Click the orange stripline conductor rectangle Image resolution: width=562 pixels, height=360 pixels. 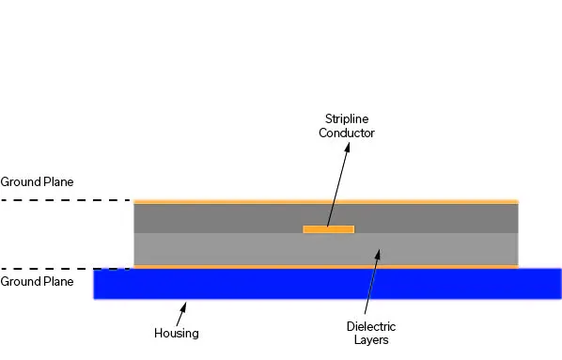point(328,228)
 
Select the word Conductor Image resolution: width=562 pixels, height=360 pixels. point(347,133)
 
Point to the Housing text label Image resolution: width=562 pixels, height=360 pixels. point(176,333)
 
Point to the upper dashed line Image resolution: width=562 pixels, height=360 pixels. point(66,200)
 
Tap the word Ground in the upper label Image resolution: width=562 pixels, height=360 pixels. point(19,181)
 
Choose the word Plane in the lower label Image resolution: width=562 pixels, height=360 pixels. point(57,281)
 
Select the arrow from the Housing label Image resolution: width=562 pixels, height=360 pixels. point(180,314)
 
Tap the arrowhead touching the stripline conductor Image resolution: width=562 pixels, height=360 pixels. point(329,224)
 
